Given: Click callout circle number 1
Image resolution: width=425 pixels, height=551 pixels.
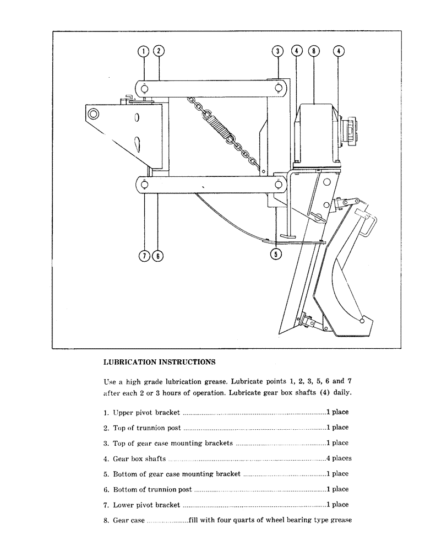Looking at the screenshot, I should tap(143, 51).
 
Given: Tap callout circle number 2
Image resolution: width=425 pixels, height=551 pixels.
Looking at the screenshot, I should tap(158, 51).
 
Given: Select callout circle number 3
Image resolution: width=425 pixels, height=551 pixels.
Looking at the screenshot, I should tap(278, 51).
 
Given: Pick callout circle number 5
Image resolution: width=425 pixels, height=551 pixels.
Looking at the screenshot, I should tap(277, 254).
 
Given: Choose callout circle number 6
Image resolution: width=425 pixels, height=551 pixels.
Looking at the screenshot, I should tap(158, 256).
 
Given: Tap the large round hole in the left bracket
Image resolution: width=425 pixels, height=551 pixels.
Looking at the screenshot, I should tap(93, 114).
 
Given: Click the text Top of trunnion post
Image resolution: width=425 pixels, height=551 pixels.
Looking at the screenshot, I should tap(146, 428).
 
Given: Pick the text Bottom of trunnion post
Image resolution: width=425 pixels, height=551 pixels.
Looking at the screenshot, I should tap(152, 489).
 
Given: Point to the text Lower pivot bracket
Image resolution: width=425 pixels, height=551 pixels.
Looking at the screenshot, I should tap(146, 505).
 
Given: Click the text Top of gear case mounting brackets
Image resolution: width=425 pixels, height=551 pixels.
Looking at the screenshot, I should tap(172, 443).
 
